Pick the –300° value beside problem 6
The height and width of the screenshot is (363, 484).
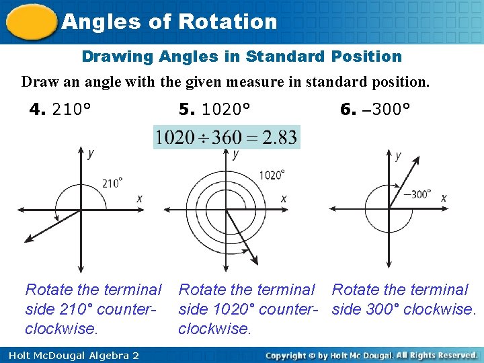[387, 109]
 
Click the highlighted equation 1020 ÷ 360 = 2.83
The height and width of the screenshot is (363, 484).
[226, 137]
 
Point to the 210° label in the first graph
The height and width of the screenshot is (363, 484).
[112, 183]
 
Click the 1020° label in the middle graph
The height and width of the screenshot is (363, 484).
[272, 175]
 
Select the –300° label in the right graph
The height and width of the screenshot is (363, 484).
[417, 194]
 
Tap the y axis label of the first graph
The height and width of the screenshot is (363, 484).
[91, 153]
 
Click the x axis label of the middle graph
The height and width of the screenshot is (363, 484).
[284, 198]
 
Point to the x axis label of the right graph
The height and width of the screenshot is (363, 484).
[444, 198]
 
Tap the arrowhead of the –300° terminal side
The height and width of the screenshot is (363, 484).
[417, 159]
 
